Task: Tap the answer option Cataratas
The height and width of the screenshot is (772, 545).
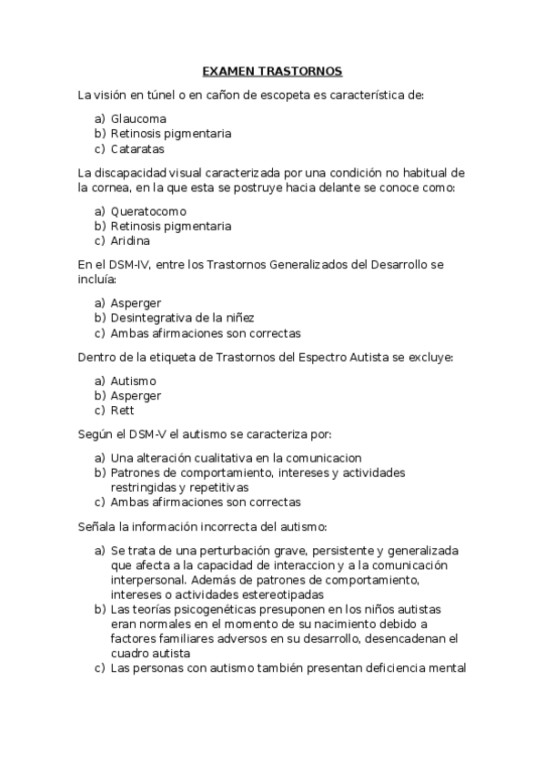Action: coord(137,149)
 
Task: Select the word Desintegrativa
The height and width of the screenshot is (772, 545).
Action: coord(152,318)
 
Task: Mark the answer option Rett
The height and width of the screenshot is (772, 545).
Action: coord(122,411)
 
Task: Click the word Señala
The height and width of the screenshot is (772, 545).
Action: coord(98,527)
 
